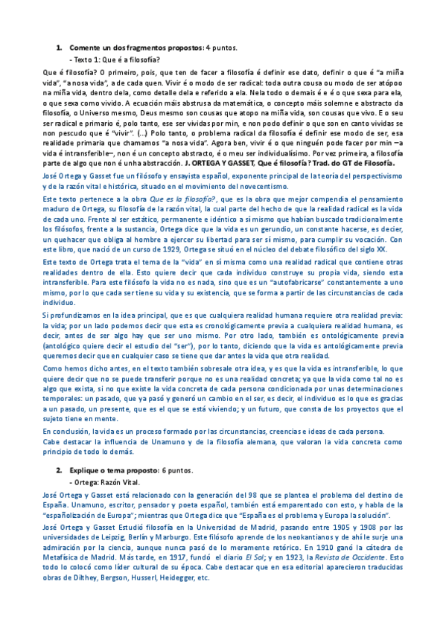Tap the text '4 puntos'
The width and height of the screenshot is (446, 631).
click(x=221, y=48)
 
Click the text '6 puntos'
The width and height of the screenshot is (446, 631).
click(x=177, y=470)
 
